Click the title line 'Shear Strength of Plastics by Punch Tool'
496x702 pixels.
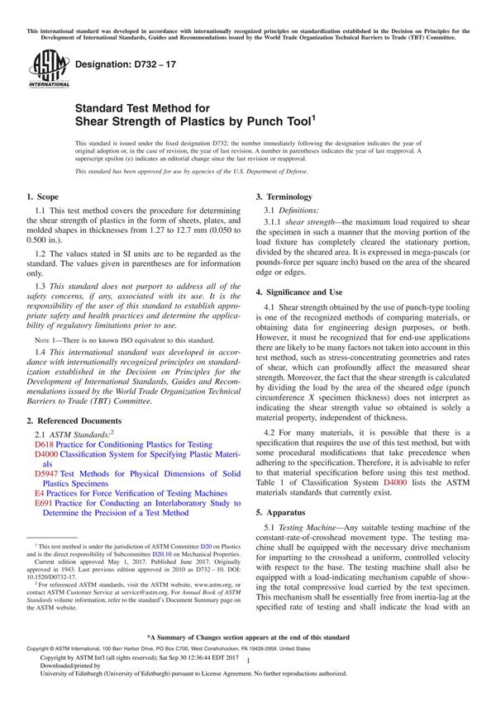pos(197,122)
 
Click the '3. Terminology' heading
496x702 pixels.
pos(284,197)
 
